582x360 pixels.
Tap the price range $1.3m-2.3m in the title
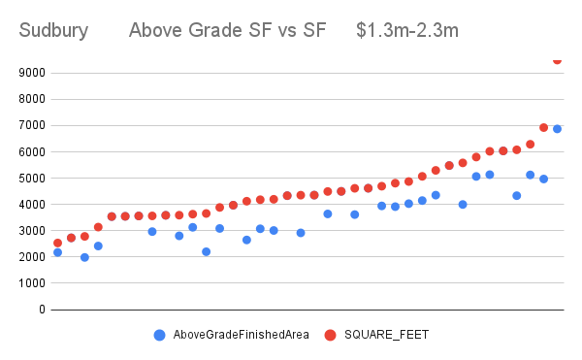click(x=407, y=31)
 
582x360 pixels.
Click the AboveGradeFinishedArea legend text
click(x=241, y=335)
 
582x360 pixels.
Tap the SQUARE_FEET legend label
click(x=388, y=335)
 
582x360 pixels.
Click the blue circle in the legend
click(x=159, y=335)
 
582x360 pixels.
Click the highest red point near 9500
click(x=557, y=60)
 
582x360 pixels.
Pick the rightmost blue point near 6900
click(x=557, y=129)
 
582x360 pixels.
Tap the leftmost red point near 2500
click(x=57, y=243)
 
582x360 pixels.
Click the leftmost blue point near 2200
click(x=57, y=252)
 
